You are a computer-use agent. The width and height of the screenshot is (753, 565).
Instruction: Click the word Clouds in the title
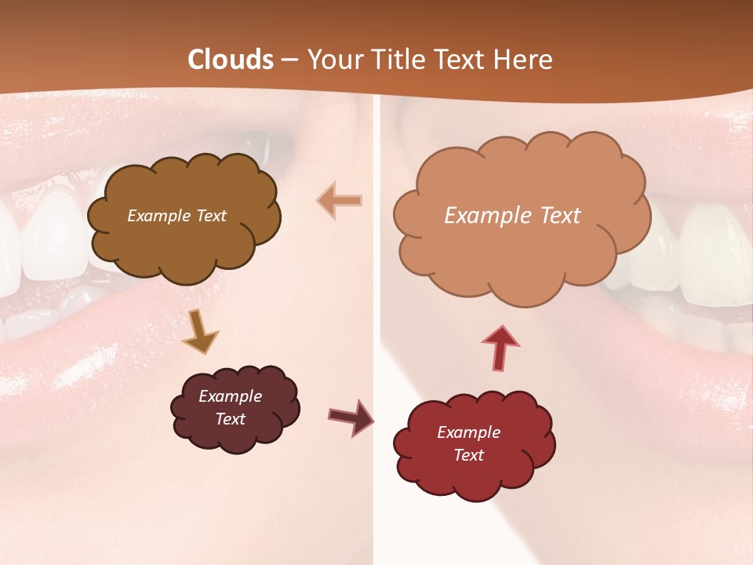click(x=231, y=60)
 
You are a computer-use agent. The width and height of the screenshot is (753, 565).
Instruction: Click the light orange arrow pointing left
click(x=340, y=200)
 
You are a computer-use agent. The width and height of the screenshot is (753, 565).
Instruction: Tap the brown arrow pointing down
click(x=200, y=332)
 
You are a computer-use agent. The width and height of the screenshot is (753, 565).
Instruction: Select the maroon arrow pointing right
click(x=351, y=416)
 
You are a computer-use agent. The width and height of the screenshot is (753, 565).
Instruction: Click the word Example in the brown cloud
click(x=158, y=216)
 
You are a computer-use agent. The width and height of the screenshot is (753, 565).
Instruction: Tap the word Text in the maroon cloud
click(x=231, y=419)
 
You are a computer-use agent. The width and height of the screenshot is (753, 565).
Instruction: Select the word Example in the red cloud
click(x=468, y=432)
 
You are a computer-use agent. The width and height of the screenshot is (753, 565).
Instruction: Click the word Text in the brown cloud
click(x=211, y=216)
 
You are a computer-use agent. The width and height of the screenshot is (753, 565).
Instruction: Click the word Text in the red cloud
click(x=468, y=455)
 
